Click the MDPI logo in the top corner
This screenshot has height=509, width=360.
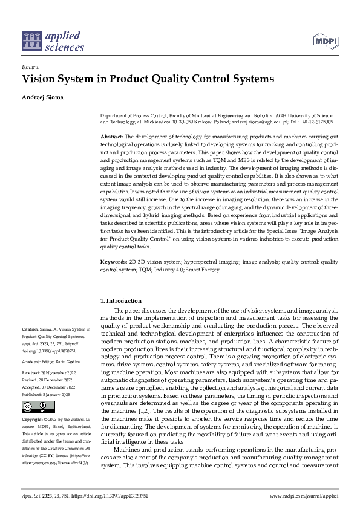tap(326, 41)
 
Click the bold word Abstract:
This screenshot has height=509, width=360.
tap(113, 137)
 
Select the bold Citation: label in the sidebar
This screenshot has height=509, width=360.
tap(31, 329)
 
